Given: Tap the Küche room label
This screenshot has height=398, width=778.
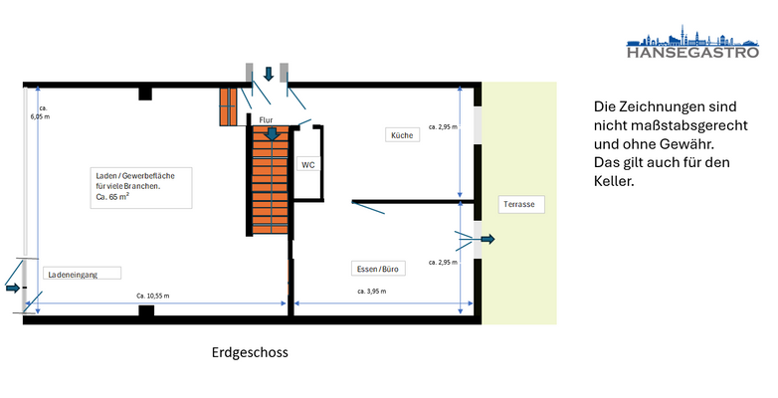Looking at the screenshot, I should (402, 134).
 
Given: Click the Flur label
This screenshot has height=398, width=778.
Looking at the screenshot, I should (266, 119).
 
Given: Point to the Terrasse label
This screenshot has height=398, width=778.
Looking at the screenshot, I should (519, 204).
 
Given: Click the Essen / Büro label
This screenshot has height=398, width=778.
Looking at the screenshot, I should (378, 269).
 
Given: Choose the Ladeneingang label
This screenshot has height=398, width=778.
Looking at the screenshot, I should (73, 273).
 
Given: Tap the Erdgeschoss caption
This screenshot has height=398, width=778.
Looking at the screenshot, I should (250, 352).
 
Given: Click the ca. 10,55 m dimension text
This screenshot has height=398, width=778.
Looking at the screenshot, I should (153, 297).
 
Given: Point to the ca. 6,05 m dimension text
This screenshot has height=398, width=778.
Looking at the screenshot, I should (40, 111).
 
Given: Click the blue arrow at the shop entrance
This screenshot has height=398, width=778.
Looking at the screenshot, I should (12, 288).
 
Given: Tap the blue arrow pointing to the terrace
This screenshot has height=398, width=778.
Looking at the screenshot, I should (486, 240).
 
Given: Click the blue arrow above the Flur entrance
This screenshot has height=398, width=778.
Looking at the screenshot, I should (269, 75).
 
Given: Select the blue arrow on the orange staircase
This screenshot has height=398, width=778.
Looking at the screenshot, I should (273, 132).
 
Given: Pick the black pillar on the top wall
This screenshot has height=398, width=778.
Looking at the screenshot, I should (145, 94).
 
